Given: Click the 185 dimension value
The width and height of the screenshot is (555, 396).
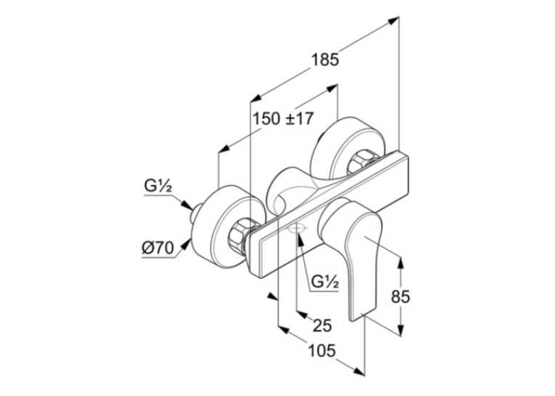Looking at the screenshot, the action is click(x=324, y=59).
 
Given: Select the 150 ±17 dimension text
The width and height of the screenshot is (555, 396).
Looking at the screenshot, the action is click(x=283, y=118).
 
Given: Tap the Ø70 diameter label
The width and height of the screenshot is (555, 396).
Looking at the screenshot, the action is click(x=158, y=249).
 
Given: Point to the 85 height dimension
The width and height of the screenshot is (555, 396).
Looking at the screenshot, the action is click(x=400, y=296).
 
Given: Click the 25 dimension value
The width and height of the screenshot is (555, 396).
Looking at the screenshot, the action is click(x=322, y=325).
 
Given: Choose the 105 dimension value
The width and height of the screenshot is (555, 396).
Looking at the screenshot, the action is click(x=321, y=352).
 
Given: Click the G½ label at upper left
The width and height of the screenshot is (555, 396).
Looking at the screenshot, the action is click(x=157, y=187).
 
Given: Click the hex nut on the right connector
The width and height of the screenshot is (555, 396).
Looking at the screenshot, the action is click(x=362, y=163).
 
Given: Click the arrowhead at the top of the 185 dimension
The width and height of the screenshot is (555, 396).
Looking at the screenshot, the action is click(x=394, y=20).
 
